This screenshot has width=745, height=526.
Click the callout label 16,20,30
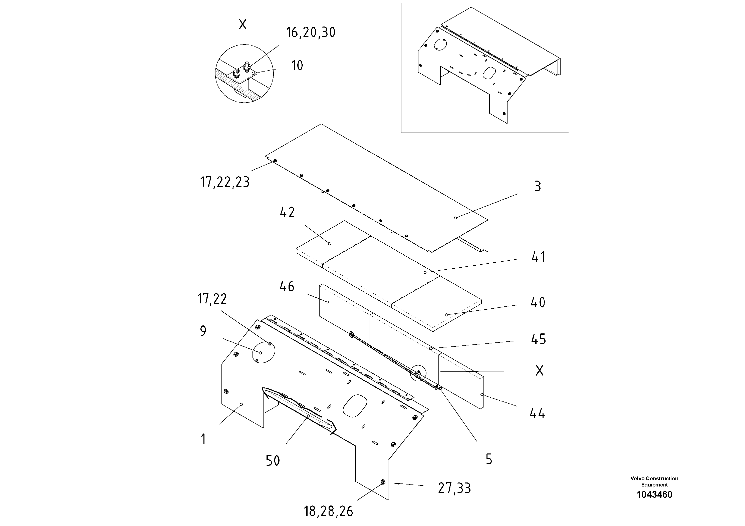(311, 33)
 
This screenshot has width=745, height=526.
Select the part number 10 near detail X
(297, 66)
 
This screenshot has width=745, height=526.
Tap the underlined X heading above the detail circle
(242, 25)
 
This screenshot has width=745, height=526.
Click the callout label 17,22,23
(224, 182)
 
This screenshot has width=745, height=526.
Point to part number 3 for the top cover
(538, 187)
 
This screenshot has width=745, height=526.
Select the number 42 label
(287, 212)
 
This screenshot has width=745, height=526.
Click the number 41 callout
(538, 257)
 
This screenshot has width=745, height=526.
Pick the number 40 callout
(538, 302)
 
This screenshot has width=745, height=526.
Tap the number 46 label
(287, 286)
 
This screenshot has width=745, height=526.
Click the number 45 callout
(538, 339)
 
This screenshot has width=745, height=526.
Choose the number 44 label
(537, 413)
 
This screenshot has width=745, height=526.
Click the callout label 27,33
(454, 488)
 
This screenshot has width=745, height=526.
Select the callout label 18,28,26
(328, 511)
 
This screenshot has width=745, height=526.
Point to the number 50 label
(273, 460)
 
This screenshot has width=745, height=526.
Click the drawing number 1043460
(654, 494)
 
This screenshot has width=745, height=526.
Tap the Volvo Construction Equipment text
(654, 481)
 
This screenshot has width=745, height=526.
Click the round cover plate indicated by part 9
(264, 352)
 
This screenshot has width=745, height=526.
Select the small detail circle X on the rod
(418, 373)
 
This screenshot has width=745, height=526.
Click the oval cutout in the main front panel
(355, 405)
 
